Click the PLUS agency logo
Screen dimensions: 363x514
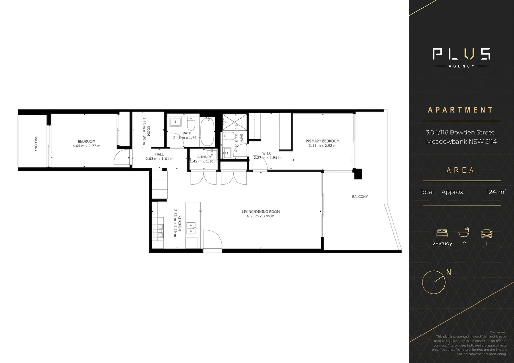(461, 57)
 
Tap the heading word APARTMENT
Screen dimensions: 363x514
(461, 110)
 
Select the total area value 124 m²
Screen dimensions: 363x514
(496, 192)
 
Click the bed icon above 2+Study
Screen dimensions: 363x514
(442, 233)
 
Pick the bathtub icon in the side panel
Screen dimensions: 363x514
(464, 232)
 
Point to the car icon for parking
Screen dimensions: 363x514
(486, 233)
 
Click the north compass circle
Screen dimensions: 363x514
(434, 282)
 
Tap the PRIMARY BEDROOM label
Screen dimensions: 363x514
(322, 141)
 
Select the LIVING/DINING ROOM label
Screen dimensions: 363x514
(260, 212)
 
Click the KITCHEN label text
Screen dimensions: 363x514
(180, 223)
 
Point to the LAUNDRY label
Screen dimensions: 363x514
(204, 157)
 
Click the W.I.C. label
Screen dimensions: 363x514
(267, 153)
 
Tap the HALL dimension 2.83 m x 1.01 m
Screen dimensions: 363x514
(159, 159)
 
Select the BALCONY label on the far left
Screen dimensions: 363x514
(36, 144)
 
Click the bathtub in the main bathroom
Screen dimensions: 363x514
(207, 132)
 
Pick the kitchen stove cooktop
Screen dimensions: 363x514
(158, 231)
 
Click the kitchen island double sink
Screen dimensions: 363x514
(191, 228)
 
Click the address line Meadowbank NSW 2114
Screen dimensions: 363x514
(461, 142)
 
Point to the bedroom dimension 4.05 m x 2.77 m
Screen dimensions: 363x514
(86, 146)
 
